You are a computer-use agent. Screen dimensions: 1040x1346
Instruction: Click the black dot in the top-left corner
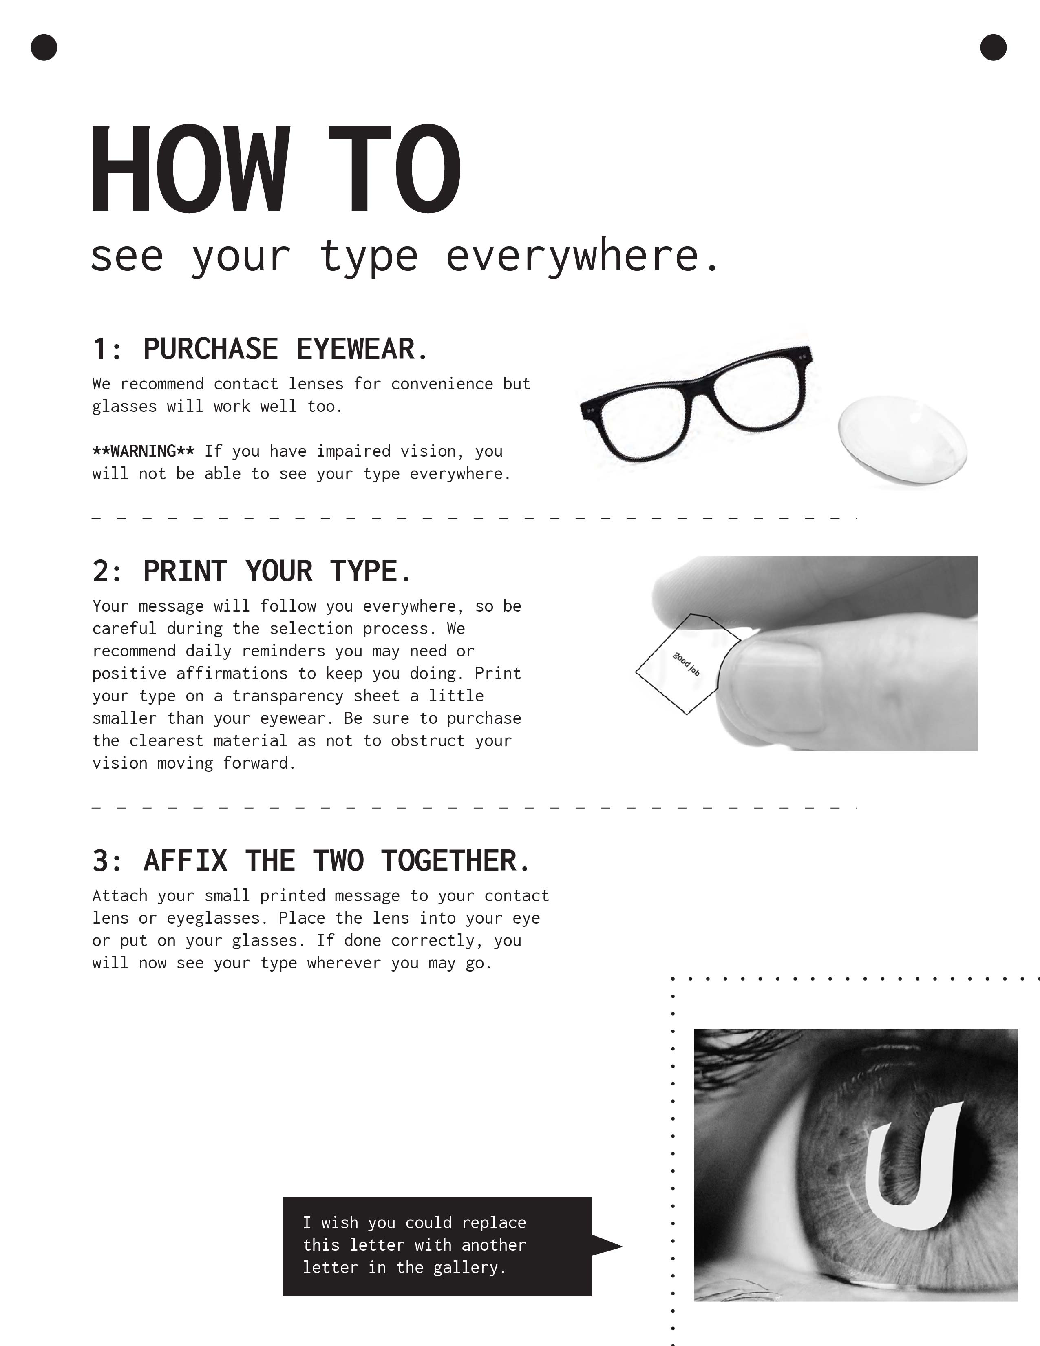click(x=44, y=47)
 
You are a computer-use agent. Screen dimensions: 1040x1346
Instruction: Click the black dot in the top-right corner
click(x=993, y=47)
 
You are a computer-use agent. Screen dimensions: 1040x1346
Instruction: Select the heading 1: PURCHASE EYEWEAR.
click(x=260, y=349)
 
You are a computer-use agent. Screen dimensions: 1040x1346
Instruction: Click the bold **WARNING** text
click(x=143, y=451)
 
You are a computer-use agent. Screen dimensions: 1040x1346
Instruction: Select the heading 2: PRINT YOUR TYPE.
click(x=252, y=571)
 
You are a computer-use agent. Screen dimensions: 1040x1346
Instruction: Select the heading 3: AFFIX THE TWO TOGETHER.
click(x=311, y=861)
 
